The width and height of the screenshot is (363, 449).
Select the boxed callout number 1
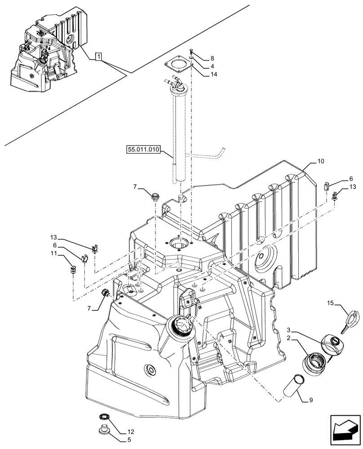pos(99,57)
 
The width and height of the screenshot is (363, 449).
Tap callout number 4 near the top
pos(212,66)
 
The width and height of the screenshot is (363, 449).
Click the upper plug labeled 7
pos(155,195)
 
